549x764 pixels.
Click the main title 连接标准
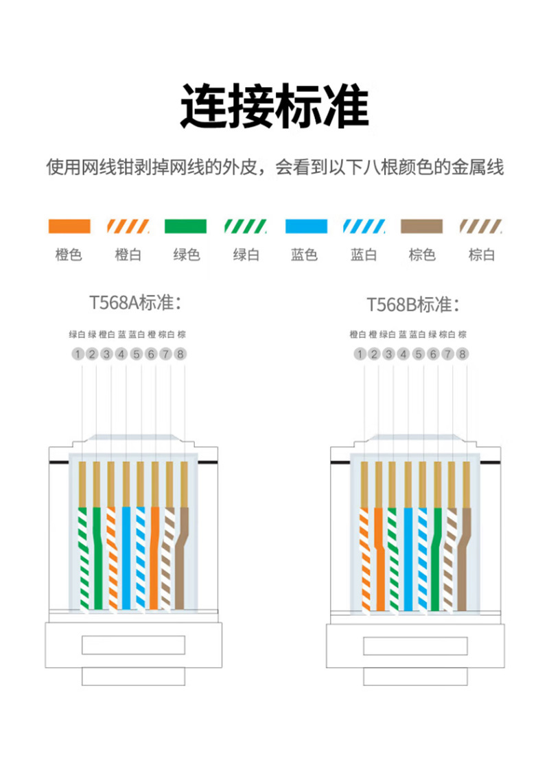[274, 106]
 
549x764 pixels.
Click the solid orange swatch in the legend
[69, 226]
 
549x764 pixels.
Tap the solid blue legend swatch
[306, 226]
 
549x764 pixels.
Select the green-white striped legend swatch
[245, 226]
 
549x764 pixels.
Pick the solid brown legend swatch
[422, 226]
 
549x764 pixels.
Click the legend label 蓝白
[364, 254]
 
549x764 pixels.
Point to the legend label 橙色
[69, 254]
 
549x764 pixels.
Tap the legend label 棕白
[482, 254]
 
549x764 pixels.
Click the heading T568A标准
[135, 302]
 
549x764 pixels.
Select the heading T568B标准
[413, 305]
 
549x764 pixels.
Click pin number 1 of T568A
[78, 354]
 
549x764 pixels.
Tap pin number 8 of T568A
[180, 354]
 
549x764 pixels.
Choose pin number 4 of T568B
[404, 354]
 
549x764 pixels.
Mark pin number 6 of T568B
[433, 354]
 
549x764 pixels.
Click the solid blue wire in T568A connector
[126, 558]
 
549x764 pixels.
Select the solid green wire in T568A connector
[97, 558]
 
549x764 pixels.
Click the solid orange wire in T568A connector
[154, 558]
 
